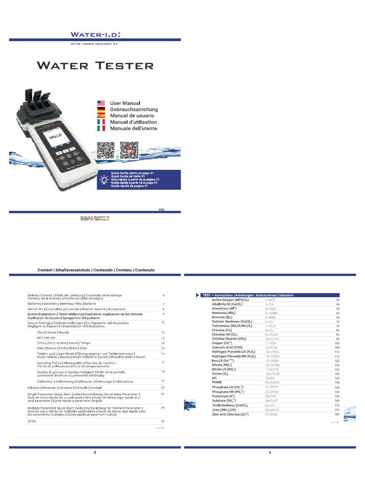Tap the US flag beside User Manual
(101, 103)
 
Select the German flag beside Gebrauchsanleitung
(101, 110)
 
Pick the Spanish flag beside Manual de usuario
(101, 116)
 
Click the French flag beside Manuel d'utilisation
(101, 122)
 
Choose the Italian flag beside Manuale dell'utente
(101, 129)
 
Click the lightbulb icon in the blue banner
(103, 179)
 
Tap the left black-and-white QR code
(106, 150)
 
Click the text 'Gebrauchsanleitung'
(134, 110)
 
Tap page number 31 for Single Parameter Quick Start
(163, 394)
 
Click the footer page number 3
(95, 452)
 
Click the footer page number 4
(269, 452)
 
